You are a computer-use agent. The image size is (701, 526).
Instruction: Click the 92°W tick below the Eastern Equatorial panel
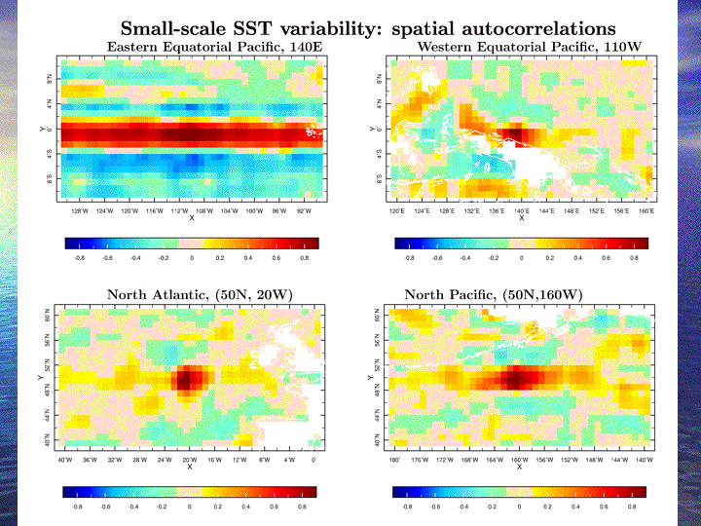coord(305,210)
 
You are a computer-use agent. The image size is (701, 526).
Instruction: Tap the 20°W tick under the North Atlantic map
coord(190,459)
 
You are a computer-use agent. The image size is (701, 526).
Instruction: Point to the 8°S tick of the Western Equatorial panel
coord(380,177)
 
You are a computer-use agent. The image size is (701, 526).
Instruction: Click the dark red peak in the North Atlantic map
coord(187,379)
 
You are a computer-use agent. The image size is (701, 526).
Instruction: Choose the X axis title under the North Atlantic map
coord(190,467)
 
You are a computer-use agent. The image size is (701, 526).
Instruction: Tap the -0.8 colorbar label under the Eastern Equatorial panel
coord(79,259)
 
